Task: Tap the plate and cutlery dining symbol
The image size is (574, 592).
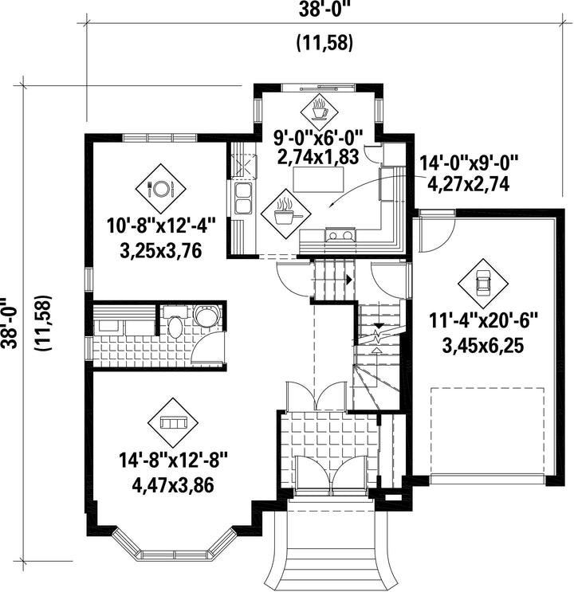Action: coord(161,188)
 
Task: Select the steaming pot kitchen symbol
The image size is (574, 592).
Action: coord(285,214)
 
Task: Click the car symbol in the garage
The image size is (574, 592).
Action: coord(482,283)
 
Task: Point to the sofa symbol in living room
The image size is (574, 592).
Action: coord(173,422)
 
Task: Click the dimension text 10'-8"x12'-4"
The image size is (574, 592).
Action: coord(161,227)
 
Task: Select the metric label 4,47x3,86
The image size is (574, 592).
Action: coord(173,485)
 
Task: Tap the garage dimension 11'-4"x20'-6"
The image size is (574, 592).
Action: coord(483,323)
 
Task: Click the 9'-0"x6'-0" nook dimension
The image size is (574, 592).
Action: coord(319,137)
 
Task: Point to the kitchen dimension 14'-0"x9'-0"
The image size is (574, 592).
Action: coord(469,164)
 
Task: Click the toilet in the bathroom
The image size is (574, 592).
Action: coord(175,326)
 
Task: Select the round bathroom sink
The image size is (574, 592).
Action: coord(206,316)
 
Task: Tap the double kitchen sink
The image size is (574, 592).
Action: coord(243,198)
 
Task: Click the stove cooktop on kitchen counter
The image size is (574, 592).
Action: coord(340,234)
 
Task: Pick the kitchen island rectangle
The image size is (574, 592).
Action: coord(319,180)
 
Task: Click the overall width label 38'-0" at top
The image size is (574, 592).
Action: coord(324,10)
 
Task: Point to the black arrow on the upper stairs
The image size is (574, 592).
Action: coord(349,280)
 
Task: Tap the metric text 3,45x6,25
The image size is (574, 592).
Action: coord(482,346)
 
